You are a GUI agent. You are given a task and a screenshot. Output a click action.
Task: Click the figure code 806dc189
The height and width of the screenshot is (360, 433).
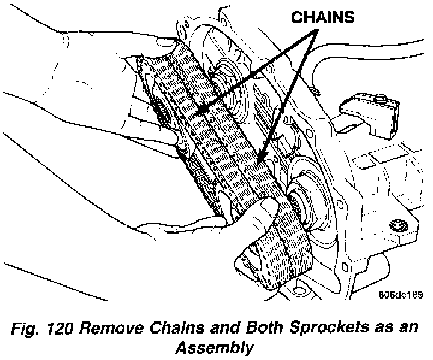point(401,295)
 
